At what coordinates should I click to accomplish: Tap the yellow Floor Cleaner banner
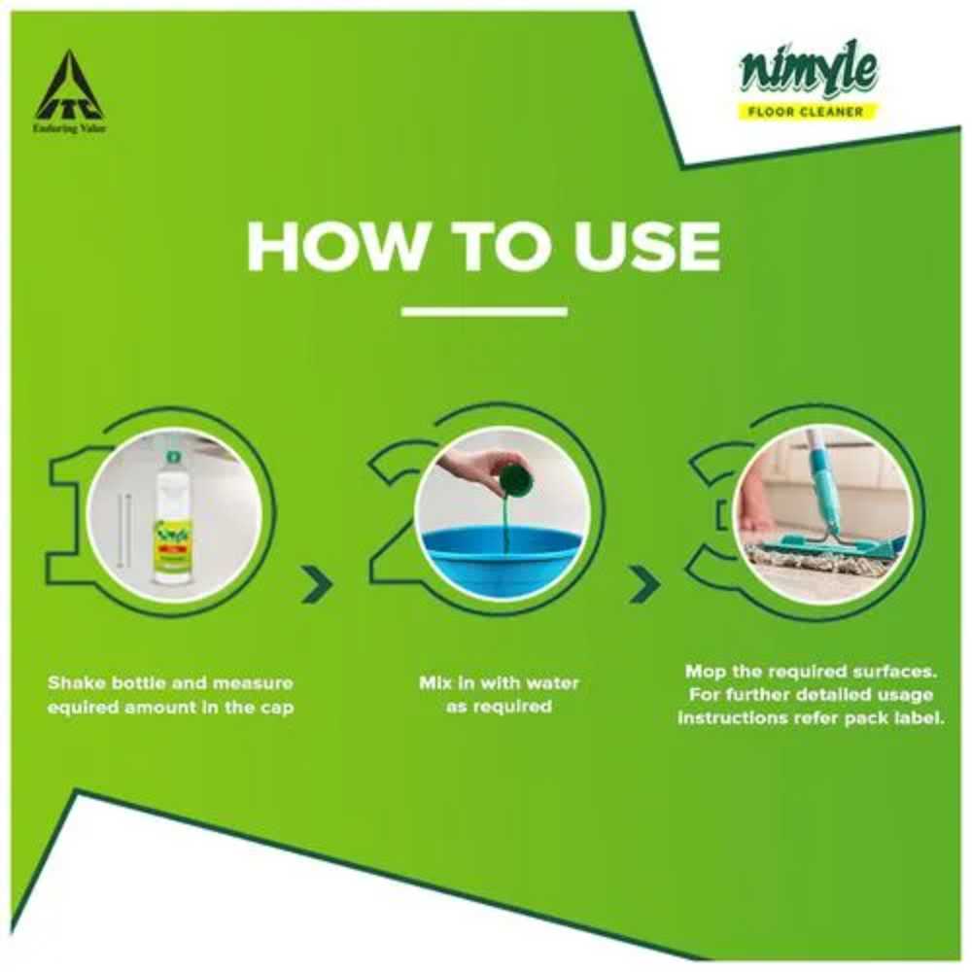point(806,112)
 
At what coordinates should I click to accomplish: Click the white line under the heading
point(484,312)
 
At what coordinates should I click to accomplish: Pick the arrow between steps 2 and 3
point(644,584)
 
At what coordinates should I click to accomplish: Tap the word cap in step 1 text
point(276,708)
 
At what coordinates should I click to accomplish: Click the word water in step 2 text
point(550,683)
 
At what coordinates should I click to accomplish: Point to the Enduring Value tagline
point(69,129)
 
